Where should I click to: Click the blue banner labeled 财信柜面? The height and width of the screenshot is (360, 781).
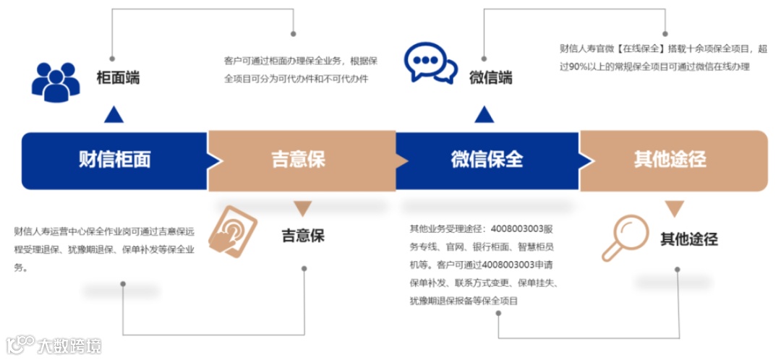[x=115, y=159]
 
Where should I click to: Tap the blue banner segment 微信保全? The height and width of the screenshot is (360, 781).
[x=486, y=159]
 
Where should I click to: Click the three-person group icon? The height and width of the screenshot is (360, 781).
[x=56, y=80]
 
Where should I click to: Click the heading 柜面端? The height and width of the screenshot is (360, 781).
[x=118, y=78]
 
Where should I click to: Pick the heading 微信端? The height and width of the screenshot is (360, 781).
[x=490, y=77]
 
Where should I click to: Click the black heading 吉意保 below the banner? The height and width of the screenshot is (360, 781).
[x=303, y=236]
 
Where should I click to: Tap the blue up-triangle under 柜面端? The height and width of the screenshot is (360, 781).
[x=114, y=114]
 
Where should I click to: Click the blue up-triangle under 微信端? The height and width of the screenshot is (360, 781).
[x=484, y=114]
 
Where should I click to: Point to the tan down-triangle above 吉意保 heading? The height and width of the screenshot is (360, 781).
[x=303, y=209]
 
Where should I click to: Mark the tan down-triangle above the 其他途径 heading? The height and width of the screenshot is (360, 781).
[x=675, y=209]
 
